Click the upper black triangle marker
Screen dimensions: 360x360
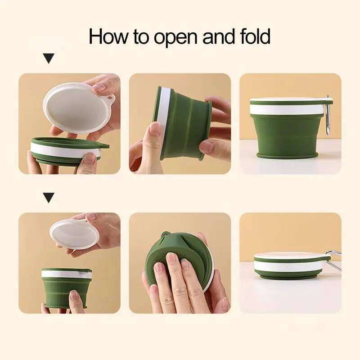[49, 58]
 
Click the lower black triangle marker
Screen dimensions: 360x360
[49, 197]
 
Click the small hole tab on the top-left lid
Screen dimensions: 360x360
[109, 98]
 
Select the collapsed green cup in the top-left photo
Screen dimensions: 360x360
[67, 151]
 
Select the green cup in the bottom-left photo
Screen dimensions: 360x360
[67, 288]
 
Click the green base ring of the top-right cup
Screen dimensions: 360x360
[287, 155]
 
